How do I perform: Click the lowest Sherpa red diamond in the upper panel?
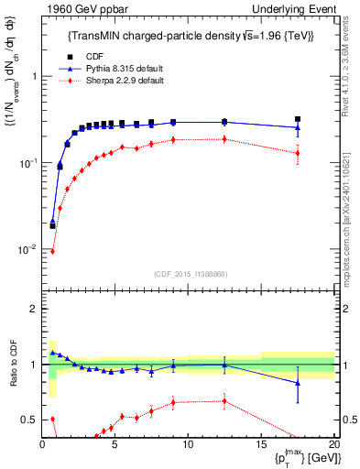tap(52, 251)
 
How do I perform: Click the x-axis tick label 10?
tap(188, 446)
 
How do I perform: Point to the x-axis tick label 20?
tap(333, 446)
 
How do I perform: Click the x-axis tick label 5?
tap(115, 446)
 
